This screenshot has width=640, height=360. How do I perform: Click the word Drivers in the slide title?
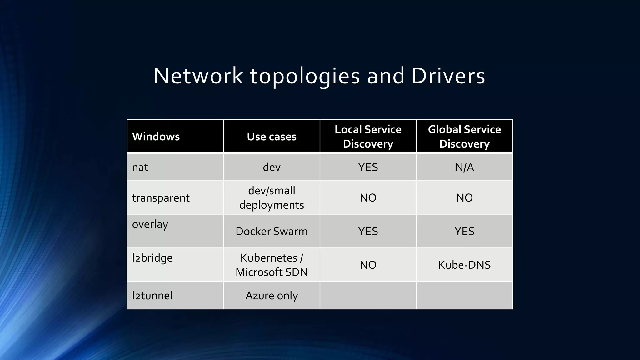[x=448, y=76]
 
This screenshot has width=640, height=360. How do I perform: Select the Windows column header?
[x=156, y=137]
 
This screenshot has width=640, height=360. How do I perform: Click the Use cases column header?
[x=272, y=137]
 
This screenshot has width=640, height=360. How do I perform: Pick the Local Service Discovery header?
[x=368, y=137]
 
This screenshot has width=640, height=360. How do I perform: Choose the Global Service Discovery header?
[x=464, y=137]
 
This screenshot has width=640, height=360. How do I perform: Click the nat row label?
[x=140, y=167]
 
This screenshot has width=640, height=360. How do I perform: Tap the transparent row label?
[x=161, y=198]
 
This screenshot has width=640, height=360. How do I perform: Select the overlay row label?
[x=150, y=224]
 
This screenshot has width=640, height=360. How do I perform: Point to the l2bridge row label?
[x=152, y=258]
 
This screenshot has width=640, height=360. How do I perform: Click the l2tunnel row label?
[x=152, y=296]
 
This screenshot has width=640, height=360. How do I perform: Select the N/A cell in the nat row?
[x=464, y=167]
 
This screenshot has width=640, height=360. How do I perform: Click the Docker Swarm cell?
[x=272, y=232]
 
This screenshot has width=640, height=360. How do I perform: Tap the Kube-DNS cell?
[x=464, y=265]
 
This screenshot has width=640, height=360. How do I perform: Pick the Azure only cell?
[x=272, y=296]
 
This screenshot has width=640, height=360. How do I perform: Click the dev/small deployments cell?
[x=272, y=198]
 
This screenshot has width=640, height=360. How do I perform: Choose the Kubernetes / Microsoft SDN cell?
[x=272, y=265]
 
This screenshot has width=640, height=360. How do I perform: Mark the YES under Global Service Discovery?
[x=464, y=232]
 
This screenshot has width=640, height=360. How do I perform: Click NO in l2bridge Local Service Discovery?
[x=368, y=265]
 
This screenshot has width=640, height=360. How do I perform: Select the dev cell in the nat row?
[x=272, y=167]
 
